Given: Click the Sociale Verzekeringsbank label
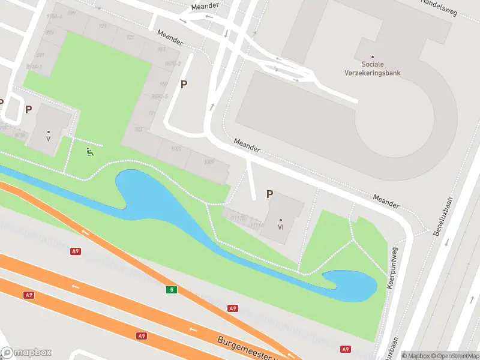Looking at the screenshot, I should pos(380,68).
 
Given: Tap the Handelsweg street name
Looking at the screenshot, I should pos(440,3).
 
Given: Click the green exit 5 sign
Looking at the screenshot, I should pos(172,290).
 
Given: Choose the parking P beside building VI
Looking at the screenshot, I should pos(269,194).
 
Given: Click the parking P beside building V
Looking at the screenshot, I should pos(28,109).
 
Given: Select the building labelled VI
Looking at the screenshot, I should pos(280,227).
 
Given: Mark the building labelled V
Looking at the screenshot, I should pos(48,138).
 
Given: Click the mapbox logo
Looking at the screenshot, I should pos(26,353).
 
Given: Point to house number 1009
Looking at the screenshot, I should pos(209,163).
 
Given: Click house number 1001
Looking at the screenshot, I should pos(176,149).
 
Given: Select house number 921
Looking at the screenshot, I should pos(102,26).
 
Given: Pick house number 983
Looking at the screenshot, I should pos(139,129).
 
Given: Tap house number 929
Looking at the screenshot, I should pos(131,37).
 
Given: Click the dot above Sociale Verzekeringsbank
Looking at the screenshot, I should pos(372,58).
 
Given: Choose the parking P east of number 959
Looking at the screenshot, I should pos(184,85).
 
